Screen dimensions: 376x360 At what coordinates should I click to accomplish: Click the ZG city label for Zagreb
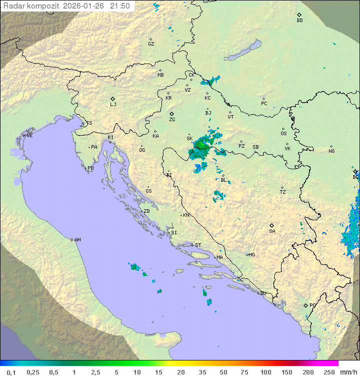[172, 120]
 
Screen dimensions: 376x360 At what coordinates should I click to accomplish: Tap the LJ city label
[113, 105]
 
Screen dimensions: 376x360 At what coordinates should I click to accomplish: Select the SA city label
[272, 231]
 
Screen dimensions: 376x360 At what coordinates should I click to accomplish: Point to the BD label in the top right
[299, 21]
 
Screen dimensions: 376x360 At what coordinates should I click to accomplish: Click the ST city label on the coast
[198, 245]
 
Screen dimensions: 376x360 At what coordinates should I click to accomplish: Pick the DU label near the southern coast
[263, 293]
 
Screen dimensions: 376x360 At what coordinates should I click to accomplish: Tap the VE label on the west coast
[29, 136]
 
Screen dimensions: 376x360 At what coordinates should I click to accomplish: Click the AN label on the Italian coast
[77, 240]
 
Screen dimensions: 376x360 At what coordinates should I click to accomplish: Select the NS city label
[331, 151]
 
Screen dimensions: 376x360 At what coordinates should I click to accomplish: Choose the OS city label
[283, 134]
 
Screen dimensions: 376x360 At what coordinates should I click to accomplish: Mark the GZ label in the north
[151, 44]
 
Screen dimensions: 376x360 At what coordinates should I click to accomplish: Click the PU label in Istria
[90, 168]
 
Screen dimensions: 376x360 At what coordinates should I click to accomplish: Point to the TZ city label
[283, 192]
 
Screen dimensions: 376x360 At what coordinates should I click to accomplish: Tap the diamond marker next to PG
[305, 305]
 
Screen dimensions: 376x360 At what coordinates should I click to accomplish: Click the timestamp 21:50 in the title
[120, 6]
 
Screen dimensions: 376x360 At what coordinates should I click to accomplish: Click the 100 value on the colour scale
[265, 372]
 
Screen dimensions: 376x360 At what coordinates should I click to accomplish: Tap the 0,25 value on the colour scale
[33, 372]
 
